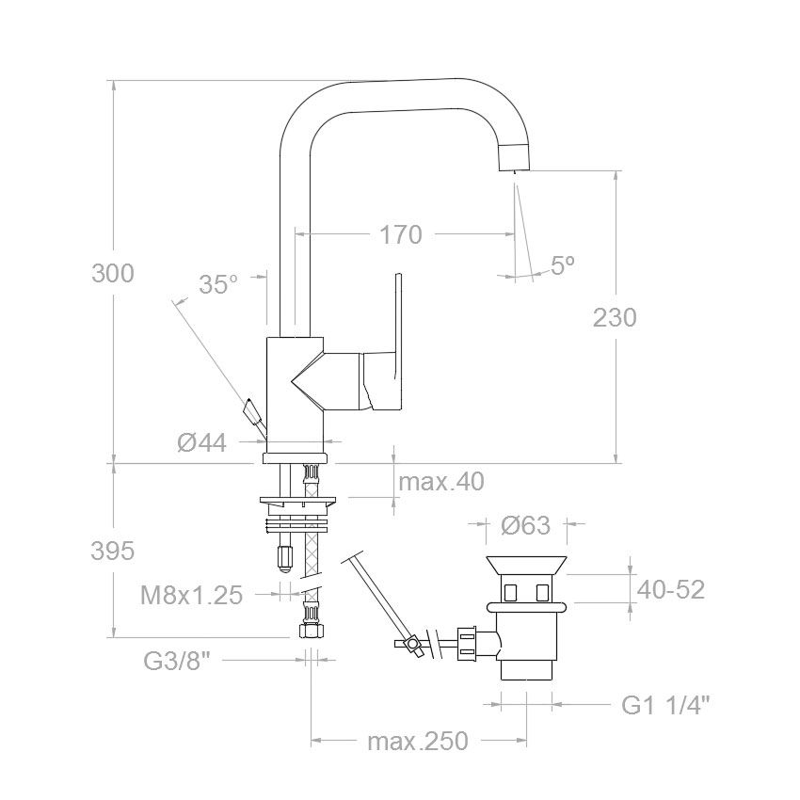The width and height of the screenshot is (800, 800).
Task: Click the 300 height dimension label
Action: (113, 274)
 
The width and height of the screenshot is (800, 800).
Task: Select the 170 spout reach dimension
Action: (401, 234)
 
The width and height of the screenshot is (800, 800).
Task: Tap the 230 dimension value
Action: (615, 317)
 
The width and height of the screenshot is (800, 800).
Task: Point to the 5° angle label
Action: (562, 264)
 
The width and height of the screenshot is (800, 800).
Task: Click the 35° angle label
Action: (218, 284)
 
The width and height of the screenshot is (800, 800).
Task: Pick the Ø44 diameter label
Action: (202, 442)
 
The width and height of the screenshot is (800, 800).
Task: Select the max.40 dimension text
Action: (440, 482)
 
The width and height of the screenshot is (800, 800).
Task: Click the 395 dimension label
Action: (112, 551)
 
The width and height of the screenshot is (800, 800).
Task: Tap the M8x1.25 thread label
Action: (191, 595)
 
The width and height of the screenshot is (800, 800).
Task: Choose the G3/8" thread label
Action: (177, 662)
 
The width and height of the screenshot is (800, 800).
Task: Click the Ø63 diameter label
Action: (525, 525)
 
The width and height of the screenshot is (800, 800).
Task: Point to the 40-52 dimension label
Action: (671, 590)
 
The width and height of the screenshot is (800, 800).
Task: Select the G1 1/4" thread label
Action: (665, 705)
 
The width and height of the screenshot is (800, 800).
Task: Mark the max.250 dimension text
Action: (417, 741)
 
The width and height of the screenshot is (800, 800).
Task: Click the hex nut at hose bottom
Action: (312, 630)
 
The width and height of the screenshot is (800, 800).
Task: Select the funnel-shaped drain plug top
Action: (526, 565)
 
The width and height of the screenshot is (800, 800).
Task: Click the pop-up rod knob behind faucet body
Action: (251, 411)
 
